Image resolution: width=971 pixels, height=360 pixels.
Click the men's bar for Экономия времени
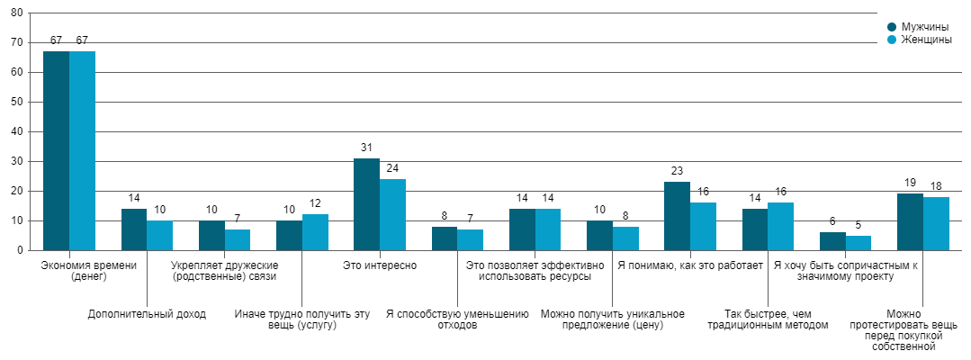click(x=56, y=150)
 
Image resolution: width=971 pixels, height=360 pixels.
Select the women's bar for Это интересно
click(x=392, y=214)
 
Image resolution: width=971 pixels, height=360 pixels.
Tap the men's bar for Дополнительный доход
click(x=134, y=229)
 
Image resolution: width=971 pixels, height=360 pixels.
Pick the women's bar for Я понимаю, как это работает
click(x=703, y=226)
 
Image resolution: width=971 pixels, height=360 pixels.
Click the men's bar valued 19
click(x=910, y=221)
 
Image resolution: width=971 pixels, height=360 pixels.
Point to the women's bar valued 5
click(x=859, y=243)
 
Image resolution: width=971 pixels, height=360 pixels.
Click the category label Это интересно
click(x=379, y=265)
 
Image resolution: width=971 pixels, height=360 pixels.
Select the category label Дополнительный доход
click(x=147, y=314)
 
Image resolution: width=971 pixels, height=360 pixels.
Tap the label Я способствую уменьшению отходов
click(x=457, y=319)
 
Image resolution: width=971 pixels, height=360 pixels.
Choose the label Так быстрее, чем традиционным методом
click(x=768, y=319)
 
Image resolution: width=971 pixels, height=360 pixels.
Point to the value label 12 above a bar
click(x=315, y=204)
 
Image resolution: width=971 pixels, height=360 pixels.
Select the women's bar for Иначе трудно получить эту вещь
click(x=315, y=232)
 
